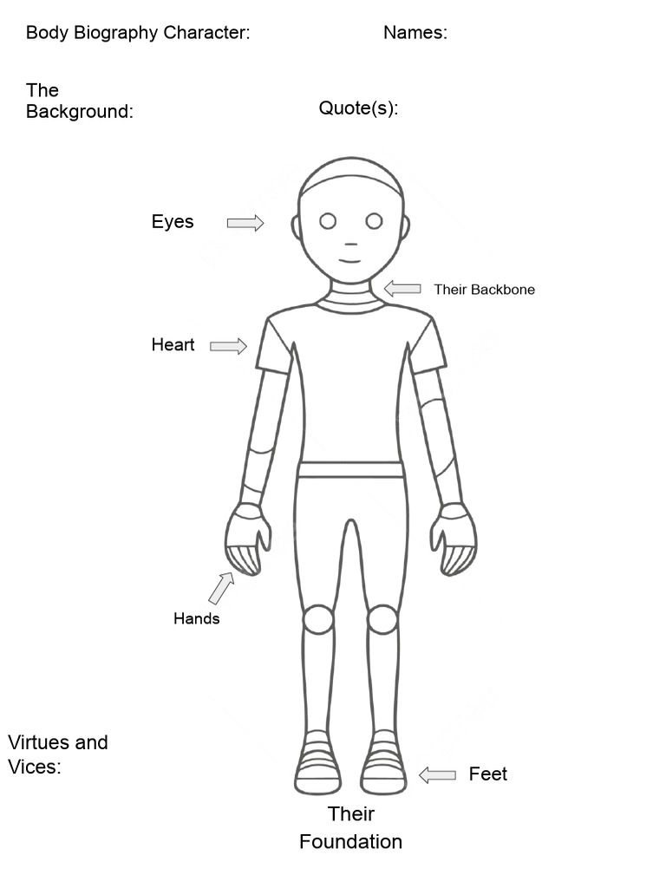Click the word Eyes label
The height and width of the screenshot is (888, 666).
[x=173, y=221]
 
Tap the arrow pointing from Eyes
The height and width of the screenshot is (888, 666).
[x=245, y=223]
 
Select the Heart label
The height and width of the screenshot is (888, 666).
[x=173, y=344]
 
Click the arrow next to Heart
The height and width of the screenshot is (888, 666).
[x=228, y=346]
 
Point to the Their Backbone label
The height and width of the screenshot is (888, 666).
[x=484, y=290]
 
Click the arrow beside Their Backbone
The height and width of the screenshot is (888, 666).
[x=402, y=289]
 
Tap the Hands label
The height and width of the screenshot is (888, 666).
[x=197, y=618]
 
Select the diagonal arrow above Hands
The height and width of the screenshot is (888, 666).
[x=221, y=588]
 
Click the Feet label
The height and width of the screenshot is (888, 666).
[x=487, y=774]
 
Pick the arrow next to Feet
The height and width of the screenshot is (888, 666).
[x=437, y=774]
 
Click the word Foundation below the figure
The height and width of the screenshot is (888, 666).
[x=350, y=841]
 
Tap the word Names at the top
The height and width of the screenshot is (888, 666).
[x=413, y=32]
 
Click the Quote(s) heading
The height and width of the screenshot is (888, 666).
[x=358, y=108]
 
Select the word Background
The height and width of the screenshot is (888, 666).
[x=77, y=112]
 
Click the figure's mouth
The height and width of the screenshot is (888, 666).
[x=350, y=261]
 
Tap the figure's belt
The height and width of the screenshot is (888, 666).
[x=351, y=470]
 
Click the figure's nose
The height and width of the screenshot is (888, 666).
[x=350, y=245]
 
